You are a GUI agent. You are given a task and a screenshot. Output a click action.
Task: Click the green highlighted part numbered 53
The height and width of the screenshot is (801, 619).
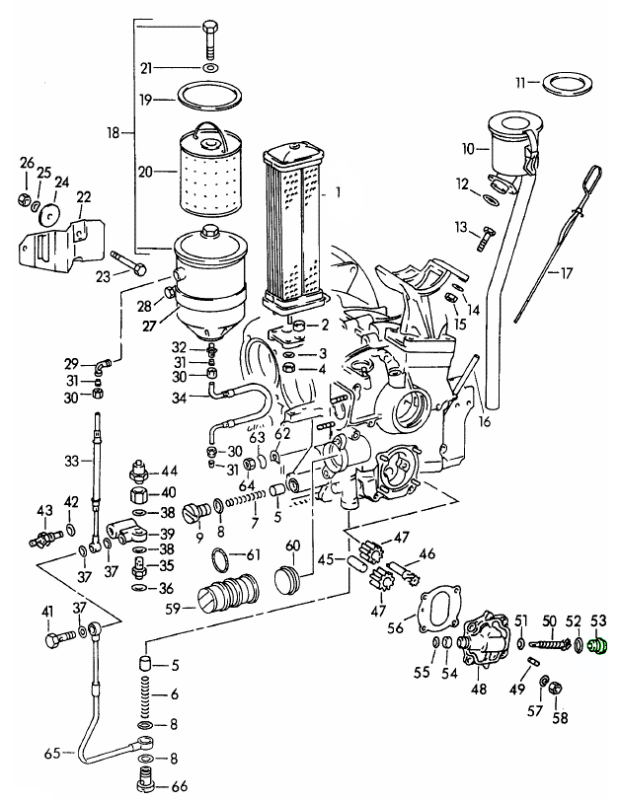[596, 647]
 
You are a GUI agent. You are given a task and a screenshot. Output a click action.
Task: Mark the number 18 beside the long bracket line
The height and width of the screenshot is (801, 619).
[113, 131]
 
